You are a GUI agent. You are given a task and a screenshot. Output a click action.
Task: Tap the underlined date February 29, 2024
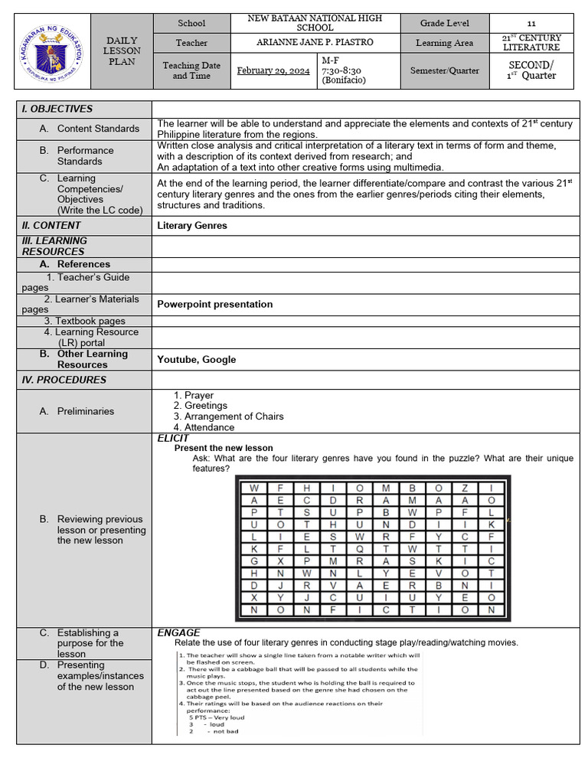pos(273,70)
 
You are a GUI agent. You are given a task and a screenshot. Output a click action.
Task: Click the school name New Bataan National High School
pos(315,23)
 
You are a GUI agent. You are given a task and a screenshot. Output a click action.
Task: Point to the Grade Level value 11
pos(531,24)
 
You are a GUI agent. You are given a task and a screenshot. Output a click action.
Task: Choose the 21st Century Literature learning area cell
pos(531,43)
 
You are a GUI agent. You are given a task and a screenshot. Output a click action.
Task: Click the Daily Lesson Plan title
pos(122,51)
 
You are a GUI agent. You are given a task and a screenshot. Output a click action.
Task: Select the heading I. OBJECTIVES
pos(57,109)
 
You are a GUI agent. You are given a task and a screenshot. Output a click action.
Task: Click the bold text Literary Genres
pos(192,225)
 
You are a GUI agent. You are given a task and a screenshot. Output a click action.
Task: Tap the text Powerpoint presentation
pos(214,304)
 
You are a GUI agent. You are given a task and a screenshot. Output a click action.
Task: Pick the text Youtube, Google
pos(196,359)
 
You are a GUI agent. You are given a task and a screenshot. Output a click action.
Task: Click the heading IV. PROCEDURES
pos(64,380)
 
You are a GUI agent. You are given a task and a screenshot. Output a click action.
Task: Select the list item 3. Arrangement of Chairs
pos(228,416)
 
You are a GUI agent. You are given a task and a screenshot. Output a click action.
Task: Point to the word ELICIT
pos(173,439)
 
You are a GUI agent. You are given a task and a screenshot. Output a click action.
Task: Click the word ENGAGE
pos(178,632)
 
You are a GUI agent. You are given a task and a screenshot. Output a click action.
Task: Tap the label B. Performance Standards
pos(85,156)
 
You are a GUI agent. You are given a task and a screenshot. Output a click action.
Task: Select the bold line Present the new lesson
pos(224,448)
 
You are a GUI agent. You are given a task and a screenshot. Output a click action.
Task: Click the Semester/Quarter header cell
pos(444,70)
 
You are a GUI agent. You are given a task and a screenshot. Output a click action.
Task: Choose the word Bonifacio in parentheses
pos(344,80)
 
